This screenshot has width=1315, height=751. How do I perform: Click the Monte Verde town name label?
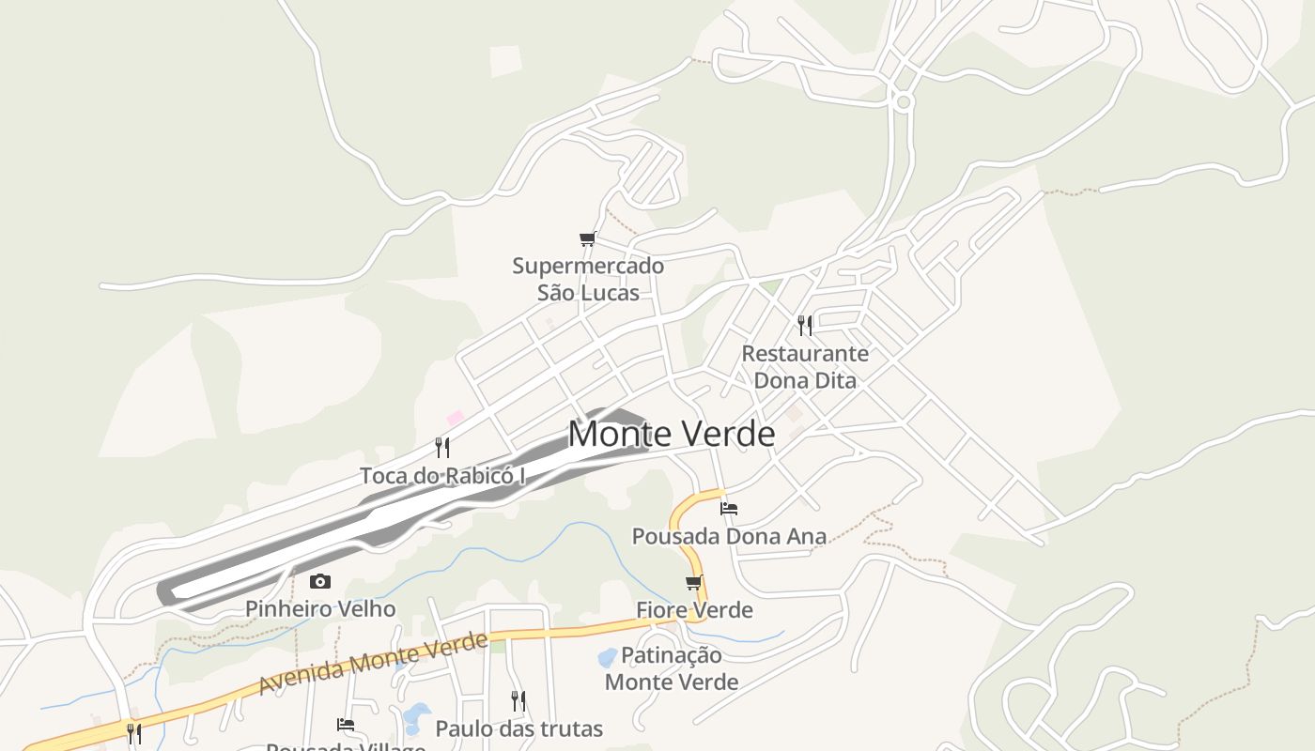pyautogui.click(x=672, y=434)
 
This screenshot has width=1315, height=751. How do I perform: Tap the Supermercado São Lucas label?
pyautogui.click(x=588, y=279)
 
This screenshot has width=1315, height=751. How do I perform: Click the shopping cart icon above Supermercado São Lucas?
pyautogui.click(x=588, y=238)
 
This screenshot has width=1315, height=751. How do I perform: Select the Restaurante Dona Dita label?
pyautogui.click(x=805, y=367)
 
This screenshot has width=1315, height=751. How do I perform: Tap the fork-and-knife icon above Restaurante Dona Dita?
pyautogui.click(x=805, y=325)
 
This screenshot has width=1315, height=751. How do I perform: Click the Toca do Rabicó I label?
pyautogui.click(x=442, y=476)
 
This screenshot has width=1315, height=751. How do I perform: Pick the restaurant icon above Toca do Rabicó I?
pyautogui.click(x=442, y=447)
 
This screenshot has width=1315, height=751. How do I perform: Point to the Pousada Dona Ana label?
pyautogui.click(x=729, y=536)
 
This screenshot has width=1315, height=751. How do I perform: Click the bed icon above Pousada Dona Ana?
pyautogui.click(x=729, y=509)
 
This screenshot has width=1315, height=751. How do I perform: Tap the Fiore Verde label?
pyautogui.click(x=694, y=610)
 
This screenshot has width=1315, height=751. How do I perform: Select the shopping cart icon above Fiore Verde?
pyautogui.click(x=694, y=583)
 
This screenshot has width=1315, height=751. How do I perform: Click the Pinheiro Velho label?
pyautogui.click(x=320, y=608)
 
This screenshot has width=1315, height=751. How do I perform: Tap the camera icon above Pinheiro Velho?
pyautogui.click(x=320, y=582)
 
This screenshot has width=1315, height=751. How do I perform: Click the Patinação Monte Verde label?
pyautogui.click(x=672, y=668)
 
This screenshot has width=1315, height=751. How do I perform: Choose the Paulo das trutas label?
pyautogui.click(x=518, y=728)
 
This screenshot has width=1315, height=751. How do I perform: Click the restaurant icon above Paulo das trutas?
pyautogui.click(x=518, y=700)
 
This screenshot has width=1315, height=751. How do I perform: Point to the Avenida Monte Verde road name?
pyautogui.click(x=373, y=664)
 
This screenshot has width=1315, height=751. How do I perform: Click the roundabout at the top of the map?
pyautogui.click(x=904, y=101)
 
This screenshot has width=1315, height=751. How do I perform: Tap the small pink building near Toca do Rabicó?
pyautogui.click(x=456, y=418)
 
